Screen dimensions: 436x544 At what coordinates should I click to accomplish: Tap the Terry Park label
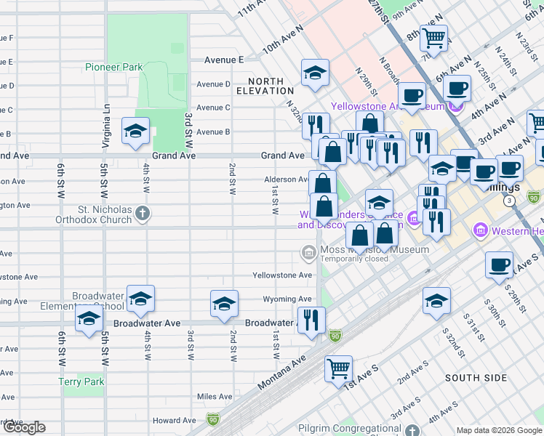(81, 381)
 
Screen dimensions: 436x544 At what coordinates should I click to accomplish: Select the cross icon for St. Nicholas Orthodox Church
(143, 214)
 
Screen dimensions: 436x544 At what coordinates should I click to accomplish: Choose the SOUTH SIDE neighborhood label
(476, 378)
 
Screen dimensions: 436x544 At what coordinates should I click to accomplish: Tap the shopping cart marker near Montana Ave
(338, 368)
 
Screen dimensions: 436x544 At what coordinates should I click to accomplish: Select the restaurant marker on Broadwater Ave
(311, 320)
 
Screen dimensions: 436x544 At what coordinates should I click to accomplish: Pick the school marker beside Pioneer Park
(135, 131)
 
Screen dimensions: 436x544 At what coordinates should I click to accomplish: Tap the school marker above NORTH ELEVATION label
(315, 73)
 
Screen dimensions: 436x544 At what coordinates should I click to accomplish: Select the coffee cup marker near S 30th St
(498, 265)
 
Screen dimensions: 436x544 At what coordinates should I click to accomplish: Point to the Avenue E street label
(224, 60)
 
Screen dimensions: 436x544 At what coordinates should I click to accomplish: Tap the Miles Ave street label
(215, 397)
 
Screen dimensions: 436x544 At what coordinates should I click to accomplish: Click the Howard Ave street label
(175, 420)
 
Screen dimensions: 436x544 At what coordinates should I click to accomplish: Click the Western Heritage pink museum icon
(479, 231)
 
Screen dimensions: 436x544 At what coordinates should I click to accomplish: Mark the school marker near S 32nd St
(436, 300)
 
